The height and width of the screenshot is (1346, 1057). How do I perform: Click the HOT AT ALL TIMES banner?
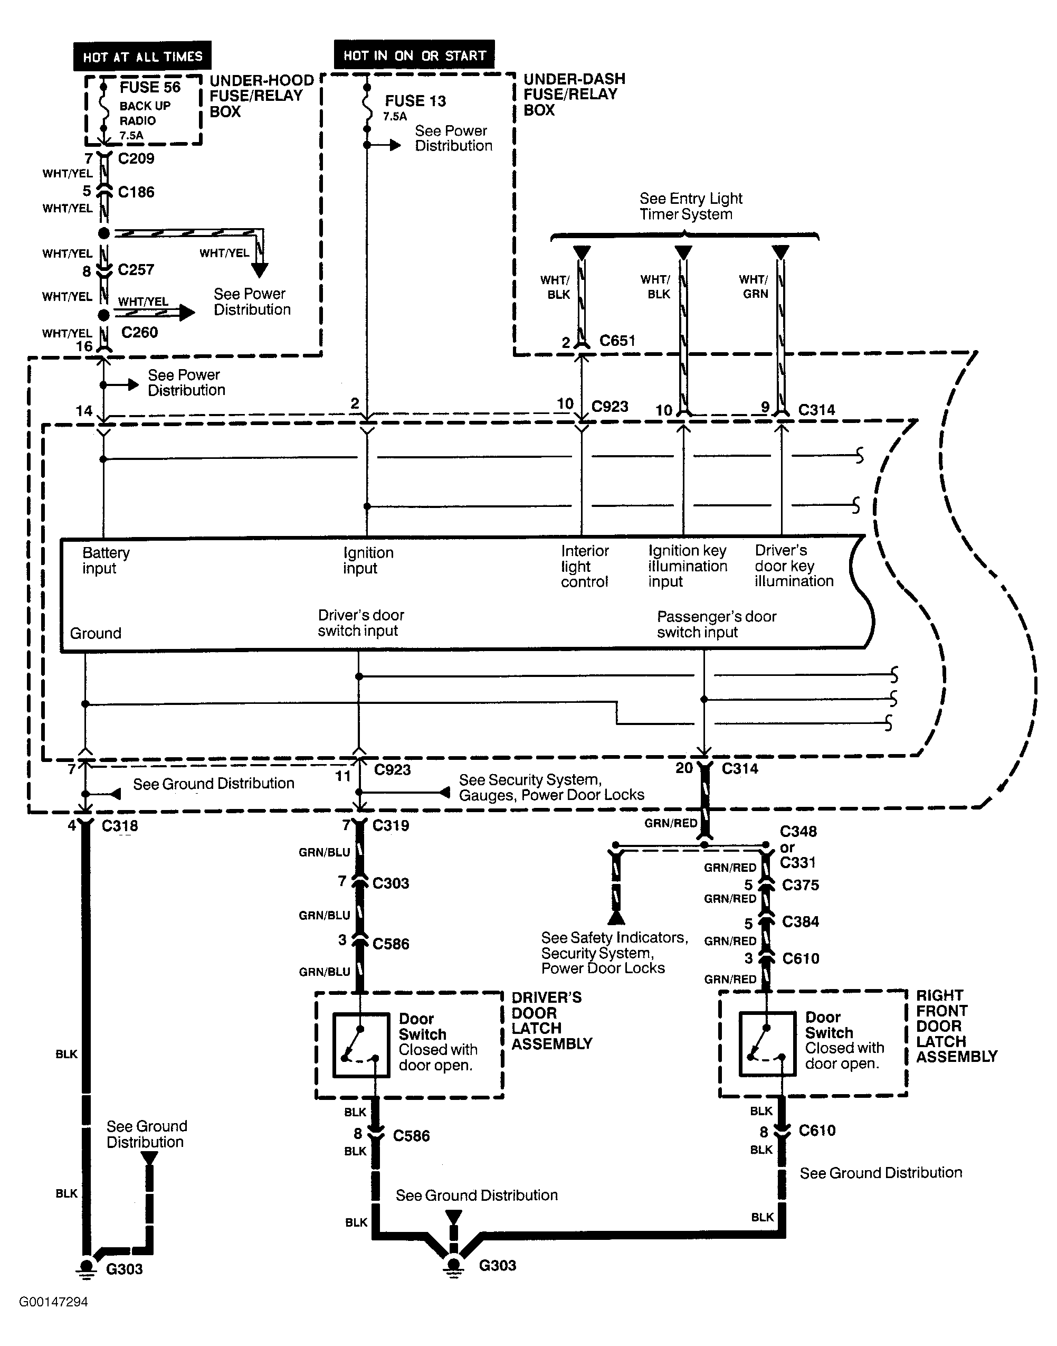point(142,57)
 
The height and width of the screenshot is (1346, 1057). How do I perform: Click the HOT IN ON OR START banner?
point(414,55)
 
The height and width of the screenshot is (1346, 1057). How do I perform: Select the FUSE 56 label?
point(150,87)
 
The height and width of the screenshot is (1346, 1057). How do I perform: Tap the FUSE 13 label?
point(415,101)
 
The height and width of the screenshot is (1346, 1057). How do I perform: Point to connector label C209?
point(136,158)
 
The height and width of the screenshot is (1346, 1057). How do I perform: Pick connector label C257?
point(136,270)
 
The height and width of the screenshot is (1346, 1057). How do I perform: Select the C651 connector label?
point(617,341)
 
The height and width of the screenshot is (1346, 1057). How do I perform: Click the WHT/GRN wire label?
point(755,287)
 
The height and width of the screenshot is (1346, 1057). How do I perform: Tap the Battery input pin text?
point(106,560)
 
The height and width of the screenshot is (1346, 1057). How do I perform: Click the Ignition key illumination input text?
point(688,566)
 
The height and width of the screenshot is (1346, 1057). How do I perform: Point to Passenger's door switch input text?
point(716,624)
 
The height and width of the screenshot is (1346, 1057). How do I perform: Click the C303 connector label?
point(391,883)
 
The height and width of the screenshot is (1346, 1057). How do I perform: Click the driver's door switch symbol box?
point(361,1045)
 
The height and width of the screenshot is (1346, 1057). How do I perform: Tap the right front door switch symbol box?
point(767,1044)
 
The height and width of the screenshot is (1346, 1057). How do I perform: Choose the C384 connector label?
point(800,922)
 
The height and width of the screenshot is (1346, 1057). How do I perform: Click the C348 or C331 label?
point(798,846)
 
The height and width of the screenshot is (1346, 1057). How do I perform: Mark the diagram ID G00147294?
point(53,1302)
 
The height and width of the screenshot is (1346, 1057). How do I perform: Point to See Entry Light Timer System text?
point(690,206)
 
